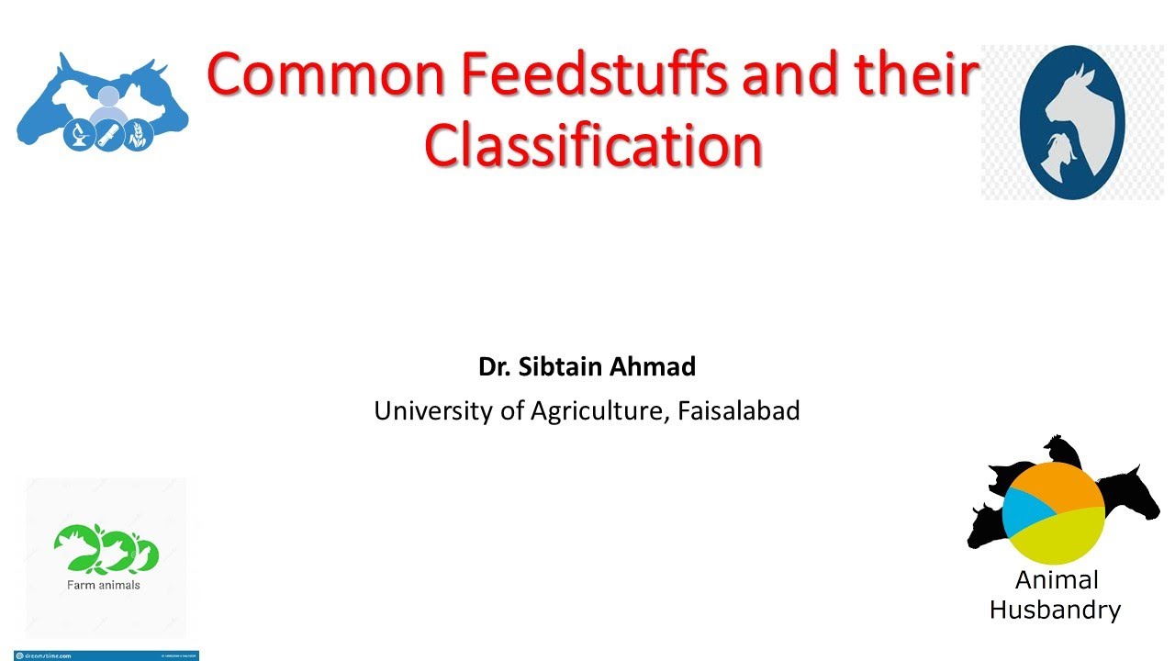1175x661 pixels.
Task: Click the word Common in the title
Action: click(x=326, y=75)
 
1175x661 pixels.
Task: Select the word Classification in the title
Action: click(x=593, y=146)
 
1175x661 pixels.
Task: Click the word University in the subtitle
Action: click(x=434, y=411)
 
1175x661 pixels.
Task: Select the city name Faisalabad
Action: click(x=739, y=411)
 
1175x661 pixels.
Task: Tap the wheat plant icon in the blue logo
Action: click(x=139, y=137)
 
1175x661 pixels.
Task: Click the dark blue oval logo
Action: click(x=1072, y=122)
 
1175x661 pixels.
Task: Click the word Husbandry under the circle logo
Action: click(x=1055, y=611)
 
